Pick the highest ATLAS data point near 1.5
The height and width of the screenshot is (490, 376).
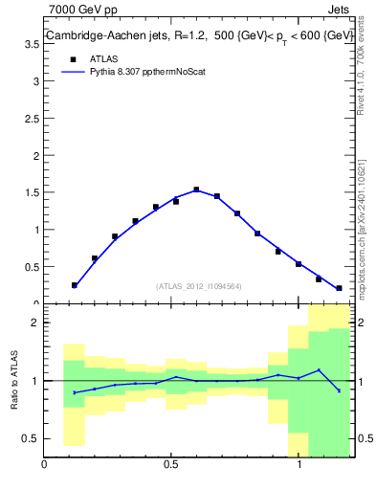(196, 189)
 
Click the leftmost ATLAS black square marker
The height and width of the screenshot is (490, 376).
(74, 285)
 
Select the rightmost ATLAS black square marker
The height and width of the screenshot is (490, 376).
(339, 288)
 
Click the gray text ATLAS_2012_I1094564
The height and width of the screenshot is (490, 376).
(199, 285)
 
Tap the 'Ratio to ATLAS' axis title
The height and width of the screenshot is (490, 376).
(15, 381)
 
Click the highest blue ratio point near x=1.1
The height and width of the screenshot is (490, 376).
(319, 370)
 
